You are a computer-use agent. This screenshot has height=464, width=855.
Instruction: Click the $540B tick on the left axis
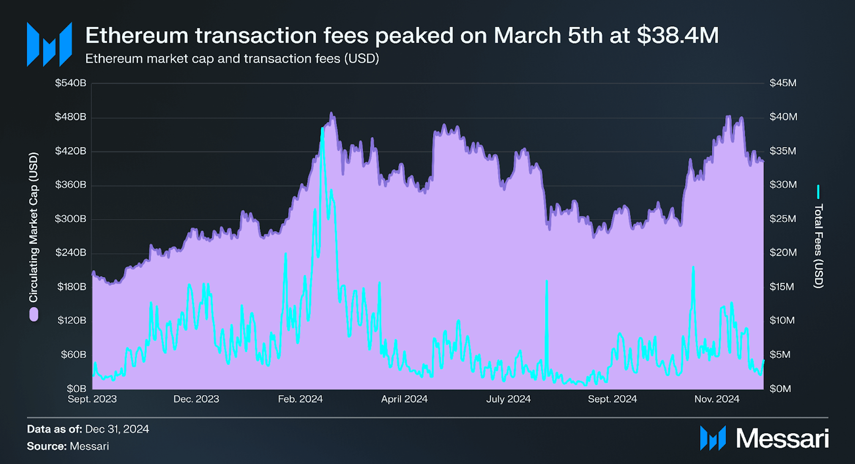[x=70, y=83]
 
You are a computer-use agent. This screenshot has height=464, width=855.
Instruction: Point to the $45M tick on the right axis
[x=782, y=83]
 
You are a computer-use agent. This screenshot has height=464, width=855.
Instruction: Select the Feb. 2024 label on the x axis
[x=300, y=399]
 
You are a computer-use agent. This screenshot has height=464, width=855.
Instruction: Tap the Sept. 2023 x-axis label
[x=92, y=399]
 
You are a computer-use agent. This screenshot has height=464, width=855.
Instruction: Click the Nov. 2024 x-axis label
[x=717, y=399]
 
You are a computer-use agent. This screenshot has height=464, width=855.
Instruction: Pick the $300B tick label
[x=70, y=219]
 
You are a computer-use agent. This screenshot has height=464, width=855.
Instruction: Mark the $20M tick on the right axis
[x=782, y=252]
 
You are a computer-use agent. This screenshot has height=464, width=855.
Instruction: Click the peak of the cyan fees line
[x=322, y=129]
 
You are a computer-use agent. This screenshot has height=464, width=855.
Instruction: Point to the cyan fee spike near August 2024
[x=546, y=282]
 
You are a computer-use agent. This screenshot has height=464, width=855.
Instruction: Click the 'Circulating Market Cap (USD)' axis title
[x=34, y=227]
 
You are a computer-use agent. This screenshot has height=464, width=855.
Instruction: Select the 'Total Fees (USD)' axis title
[x=818, y=246]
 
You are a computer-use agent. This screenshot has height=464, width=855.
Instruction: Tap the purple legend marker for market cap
[x=34, y=314]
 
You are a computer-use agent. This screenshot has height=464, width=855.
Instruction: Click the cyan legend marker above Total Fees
[x=818, y=192]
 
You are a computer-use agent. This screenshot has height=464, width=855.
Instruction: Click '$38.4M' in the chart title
[x=677, y=36]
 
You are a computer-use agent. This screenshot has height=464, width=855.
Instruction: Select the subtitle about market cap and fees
[x=232, y=59]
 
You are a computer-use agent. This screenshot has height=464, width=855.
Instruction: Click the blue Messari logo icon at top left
[x=49, y=44]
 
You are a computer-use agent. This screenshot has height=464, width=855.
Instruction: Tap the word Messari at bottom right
[x=782, y=439]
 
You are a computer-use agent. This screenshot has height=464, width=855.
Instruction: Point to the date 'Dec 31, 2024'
[x=117, y=429]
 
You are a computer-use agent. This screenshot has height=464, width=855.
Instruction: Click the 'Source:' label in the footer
[x=47, y=446]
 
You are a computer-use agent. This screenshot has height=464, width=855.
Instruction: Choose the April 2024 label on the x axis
[x=404, y=399]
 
